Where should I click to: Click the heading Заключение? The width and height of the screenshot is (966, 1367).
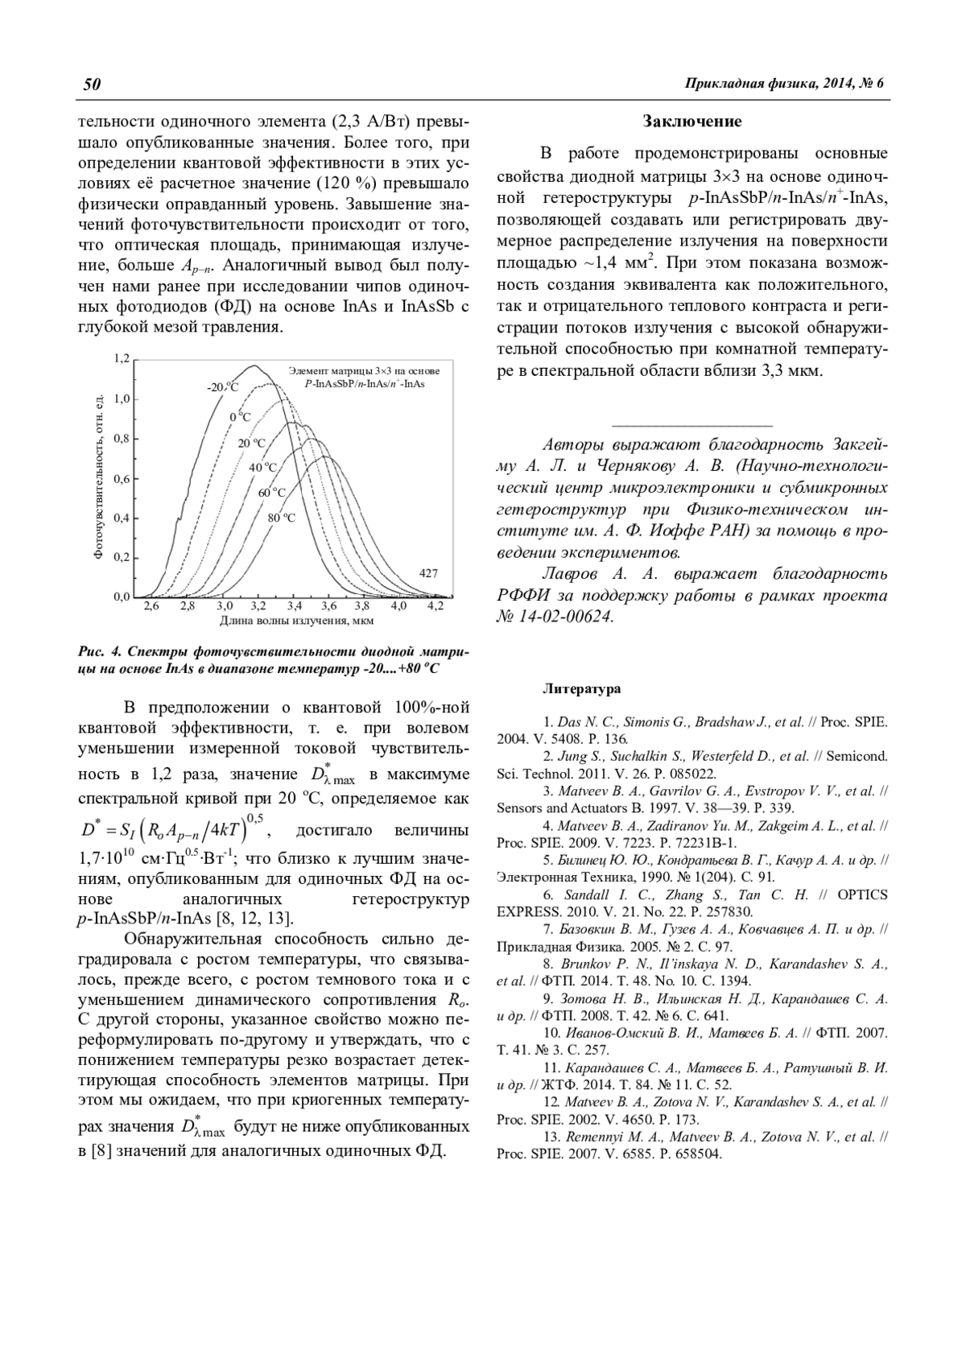(x=691, y=122)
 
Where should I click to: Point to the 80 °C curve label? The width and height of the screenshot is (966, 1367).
(x=281, y=518)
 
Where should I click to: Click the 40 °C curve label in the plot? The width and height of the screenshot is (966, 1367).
(x=262, y=467)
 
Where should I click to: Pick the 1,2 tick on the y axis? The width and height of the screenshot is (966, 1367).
(x=121, y=358)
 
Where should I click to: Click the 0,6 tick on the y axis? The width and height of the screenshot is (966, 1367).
(x=121, y=479)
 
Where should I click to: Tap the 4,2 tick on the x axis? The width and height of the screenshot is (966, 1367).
(x=435, y=605)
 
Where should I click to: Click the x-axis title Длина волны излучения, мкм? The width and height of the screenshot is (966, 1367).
(x=296, y=621)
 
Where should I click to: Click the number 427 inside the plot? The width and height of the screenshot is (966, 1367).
(x=428, y=573)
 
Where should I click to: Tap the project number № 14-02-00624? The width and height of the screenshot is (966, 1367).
(x=556, y=617)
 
